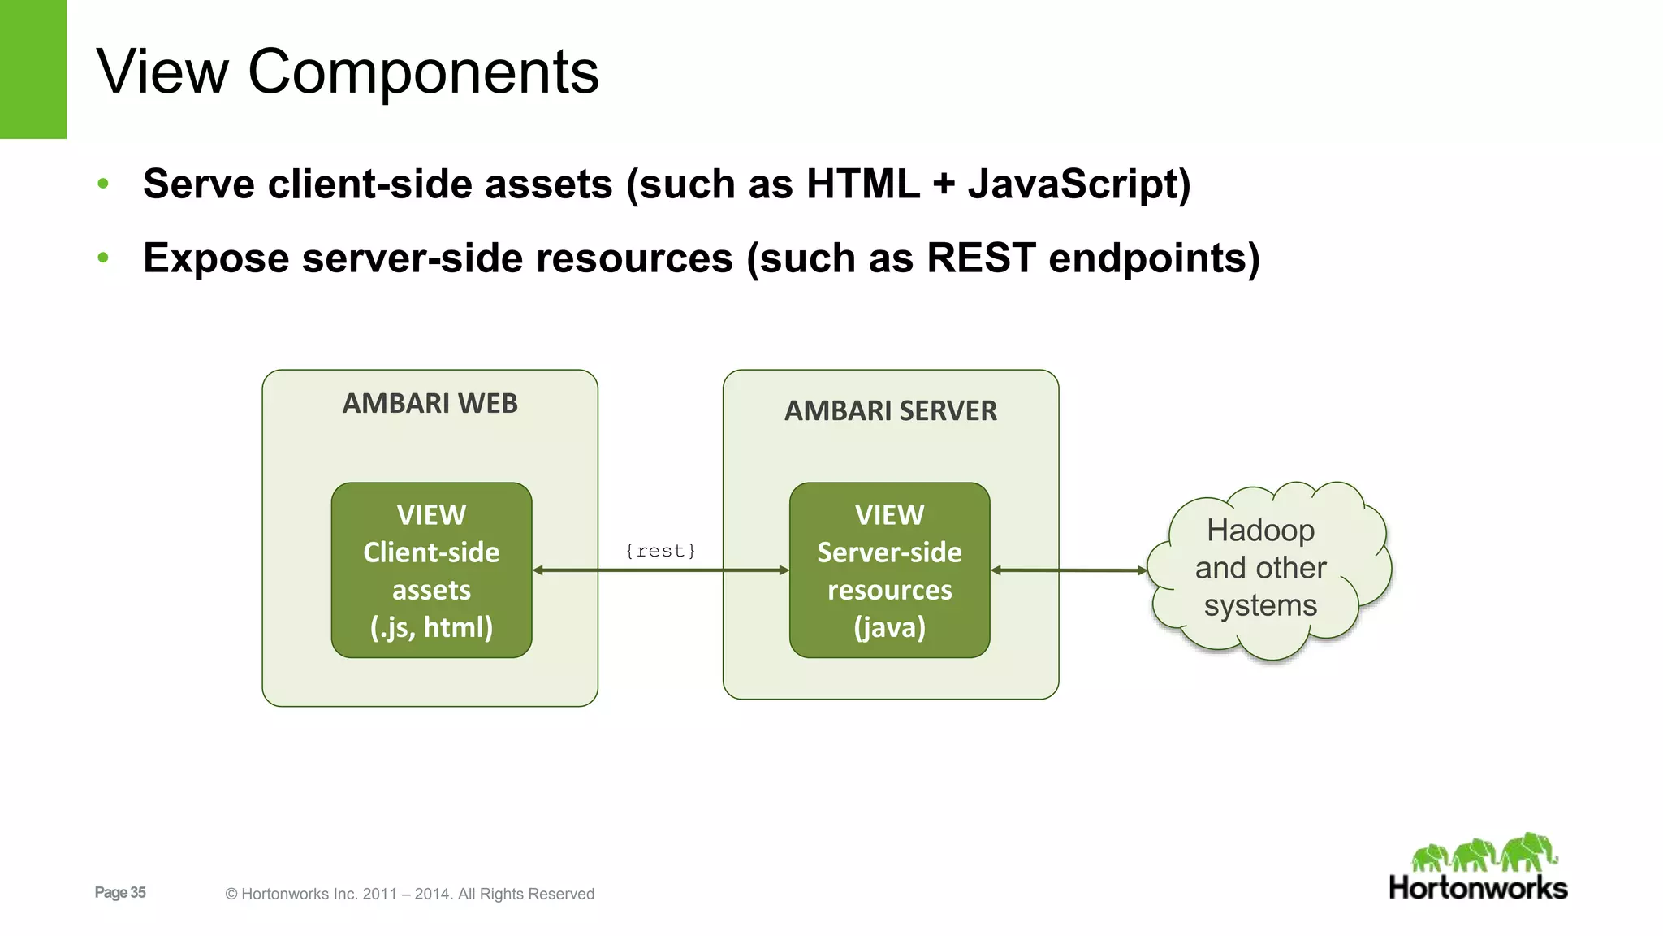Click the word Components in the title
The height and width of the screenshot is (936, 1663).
point(422,73)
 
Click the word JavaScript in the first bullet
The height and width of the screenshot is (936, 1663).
point(1078,184)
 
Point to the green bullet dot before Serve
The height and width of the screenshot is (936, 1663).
point(103,184)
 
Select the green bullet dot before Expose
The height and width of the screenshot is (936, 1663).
point(103,258)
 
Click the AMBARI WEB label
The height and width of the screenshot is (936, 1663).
point(430,403)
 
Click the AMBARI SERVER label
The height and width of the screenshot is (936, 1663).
point(890,411)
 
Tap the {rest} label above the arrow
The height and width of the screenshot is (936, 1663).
point(660,551)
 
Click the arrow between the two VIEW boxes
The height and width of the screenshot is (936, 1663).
point(660,570)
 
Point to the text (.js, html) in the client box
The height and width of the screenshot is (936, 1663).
point(431,627)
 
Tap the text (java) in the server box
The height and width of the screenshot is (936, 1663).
point(889,627)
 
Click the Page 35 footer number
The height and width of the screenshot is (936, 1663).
point(120,892)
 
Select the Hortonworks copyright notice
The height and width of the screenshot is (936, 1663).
point(409,894)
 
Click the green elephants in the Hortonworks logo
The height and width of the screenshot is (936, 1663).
point(1484,853)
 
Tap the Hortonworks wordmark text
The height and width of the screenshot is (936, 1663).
point(1477,888)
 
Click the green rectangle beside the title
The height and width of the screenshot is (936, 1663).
point(32,69)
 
